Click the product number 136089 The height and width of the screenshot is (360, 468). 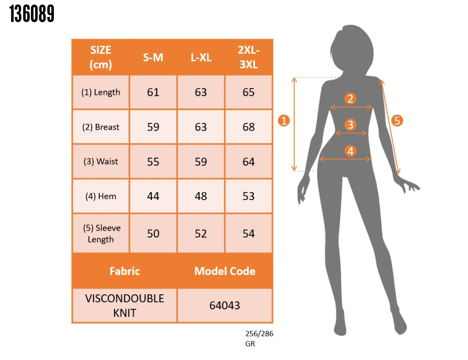click(x=32, y=14)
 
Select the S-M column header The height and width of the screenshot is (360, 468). click(x=153, y=57)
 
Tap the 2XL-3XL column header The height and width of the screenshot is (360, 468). click(x=249, y=57)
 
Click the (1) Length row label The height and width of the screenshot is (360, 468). click(x=101, y=92)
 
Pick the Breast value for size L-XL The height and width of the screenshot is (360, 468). click(x=201, y=127)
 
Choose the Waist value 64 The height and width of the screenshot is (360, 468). click(x=249, y=162)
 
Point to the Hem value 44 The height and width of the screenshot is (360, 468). click(x=153, y=196)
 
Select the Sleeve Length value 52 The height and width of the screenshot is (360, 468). click(x=201, y=233)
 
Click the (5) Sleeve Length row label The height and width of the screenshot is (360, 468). click(x=101, y=233)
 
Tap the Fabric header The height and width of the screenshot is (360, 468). click(x=125, y=271)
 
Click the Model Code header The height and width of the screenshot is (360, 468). click(x=225, y=271)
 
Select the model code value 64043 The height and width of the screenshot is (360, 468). click(x=225, y=306)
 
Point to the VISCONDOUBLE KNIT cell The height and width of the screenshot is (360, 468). click(x=124, y=306)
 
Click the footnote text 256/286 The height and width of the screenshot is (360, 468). click(x=260, y=334)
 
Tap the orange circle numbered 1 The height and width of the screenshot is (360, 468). click(x=284, y=121)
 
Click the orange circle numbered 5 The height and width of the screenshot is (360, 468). click(x=397, y=121)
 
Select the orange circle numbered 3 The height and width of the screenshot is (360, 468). click(x=351, y=125)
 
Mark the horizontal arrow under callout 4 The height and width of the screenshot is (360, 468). click(x=345, y=159)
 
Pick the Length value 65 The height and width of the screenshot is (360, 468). click(x=249, y=92)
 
